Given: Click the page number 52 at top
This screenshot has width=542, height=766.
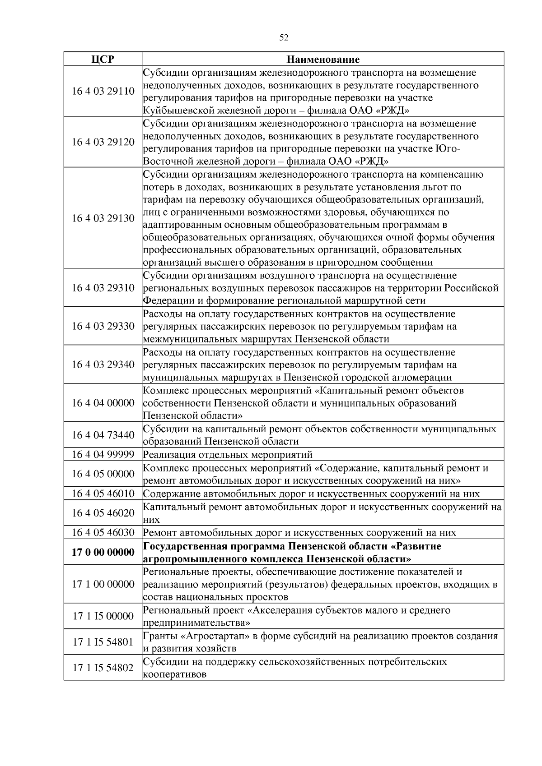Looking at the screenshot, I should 284,38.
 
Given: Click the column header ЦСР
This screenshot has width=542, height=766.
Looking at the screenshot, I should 103,59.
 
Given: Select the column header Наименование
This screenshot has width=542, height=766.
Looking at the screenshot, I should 323,59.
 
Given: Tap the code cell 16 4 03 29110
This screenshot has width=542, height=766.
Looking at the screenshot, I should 103,91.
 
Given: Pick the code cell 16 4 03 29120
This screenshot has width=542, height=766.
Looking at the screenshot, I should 103,142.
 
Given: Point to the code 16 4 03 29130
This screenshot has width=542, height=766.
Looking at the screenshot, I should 103,218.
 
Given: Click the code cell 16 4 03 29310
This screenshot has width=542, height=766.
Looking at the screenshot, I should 103,288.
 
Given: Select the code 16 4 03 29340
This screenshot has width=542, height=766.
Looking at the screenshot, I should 103,365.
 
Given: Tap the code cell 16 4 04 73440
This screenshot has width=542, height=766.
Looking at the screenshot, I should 103,435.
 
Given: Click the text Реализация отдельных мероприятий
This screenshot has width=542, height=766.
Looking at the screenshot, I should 228,454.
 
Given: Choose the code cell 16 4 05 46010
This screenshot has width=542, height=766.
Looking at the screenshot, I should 103,494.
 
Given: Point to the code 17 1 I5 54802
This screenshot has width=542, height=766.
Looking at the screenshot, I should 103,668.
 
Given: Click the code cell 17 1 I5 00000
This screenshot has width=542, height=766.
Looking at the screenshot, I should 103,616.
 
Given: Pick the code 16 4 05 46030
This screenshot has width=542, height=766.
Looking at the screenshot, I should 103,532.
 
